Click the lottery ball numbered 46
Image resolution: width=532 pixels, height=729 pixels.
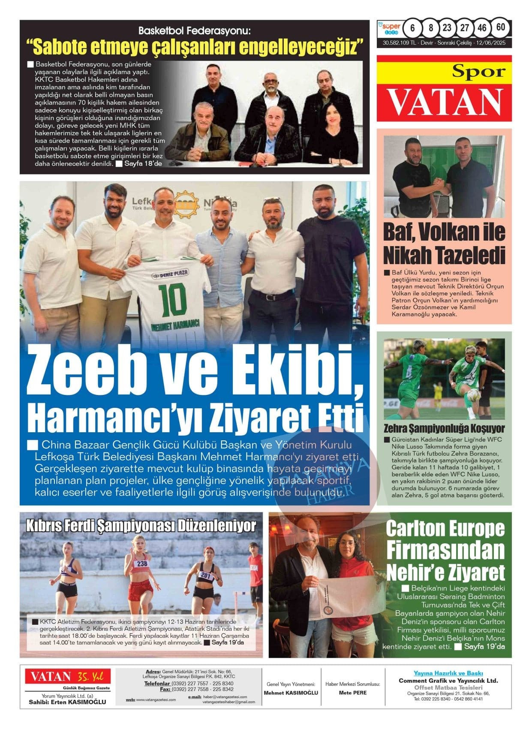482,28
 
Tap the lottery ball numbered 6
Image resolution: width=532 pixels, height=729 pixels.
412,28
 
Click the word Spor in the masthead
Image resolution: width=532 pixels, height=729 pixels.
479,71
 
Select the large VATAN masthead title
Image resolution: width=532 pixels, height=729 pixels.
444,102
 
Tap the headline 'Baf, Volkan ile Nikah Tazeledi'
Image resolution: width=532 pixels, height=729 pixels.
444,244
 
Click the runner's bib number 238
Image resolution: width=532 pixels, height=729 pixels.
142,563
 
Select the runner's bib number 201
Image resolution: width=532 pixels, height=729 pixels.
206,576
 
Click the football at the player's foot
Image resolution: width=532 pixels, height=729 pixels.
474,395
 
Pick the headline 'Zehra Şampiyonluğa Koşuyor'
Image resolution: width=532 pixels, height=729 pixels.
444,428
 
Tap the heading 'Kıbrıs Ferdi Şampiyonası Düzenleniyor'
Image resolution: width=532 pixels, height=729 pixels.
141,526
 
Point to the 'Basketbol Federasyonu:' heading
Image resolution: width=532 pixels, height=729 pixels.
194,31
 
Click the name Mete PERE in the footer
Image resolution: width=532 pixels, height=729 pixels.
352,693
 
